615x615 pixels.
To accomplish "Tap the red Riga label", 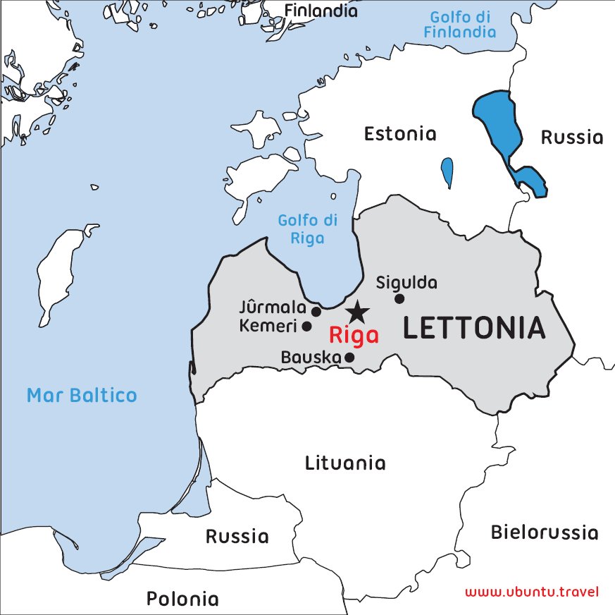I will (354, 335).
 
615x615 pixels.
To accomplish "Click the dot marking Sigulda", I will (399, 298).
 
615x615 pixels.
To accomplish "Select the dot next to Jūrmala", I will (316, 311).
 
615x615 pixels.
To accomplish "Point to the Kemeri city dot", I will (306, 326).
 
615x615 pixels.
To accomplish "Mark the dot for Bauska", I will (349, 357).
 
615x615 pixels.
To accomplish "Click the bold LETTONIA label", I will (474, 329).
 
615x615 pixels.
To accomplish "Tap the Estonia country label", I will (399, 134).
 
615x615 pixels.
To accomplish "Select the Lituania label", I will (345, 463).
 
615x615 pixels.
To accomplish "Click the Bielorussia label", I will (545, 532).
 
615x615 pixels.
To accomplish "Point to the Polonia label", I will (182, 599).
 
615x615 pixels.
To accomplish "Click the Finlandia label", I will (321, 11).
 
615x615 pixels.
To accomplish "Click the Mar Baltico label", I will (82, 395).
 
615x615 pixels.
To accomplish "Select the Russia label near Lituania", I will (237, 537).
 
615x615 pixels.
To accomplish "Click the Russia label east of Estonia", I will (571, 138).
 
